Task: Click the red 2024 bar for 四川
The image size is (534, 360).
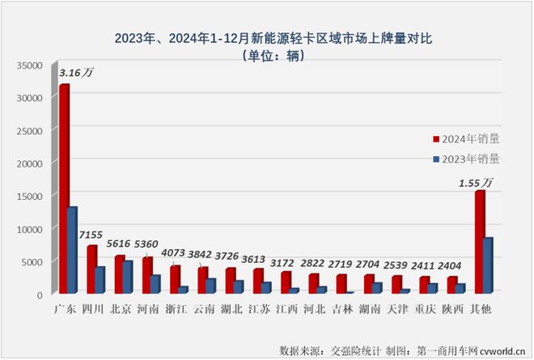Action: point(92,269)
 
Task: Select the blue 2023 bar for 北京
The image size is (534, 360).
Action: point(128,276)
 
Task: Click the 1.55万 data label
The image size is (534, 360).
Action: point(474,183)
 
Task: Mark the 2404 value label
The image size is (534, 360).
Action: point(458,264)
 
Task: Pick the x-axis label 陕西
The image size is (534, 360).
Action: point(457,309)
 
